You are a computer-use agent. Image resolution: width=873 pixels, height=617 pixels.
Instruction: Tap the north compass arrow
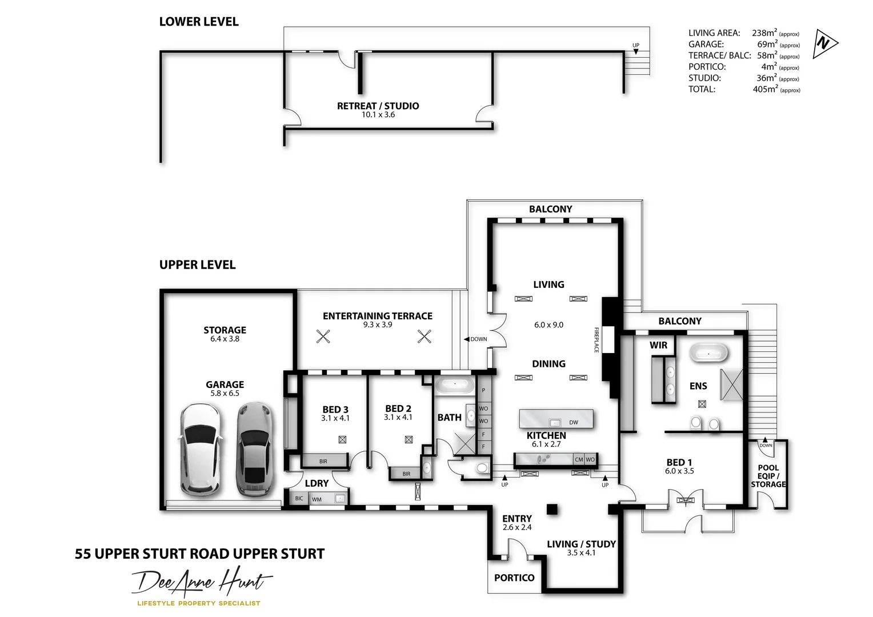[824, 43]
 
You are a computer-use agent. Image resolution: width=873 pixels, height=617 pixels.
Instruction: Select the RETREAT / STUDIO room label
[378, 106]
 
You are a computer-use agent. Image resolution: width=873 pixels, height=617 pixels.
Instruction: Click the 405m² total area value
[765, 89]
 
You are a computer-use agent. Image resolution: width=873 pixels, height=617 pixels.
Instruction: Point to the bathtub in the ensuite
[708, 353]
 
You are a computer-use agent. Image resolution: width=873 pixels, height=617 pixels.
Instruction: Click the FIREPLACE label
[596, 340]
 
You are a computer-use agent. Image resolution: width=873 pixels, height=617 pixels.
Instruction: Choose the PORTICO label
[514, 578]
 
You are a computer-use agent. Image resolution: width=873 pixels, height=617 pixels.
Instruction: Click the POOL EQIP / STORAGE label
[768, 476]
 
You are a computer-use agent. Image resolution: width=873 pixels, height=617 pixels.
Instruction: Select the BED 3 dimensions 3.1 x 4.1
[335, 418]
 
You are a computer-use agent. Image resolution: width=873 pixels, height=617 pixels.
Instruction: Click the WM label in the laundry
[317, 499]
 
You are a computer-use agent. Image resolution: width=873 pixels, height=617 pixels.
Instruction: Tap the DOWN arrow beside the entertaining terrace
[467, 339]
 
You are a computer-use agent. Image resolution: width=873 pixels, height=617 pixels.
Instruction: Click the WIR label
[658, 345]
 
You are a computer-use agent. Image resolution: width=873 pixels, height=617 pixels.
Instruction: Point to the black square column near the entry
[552, 509]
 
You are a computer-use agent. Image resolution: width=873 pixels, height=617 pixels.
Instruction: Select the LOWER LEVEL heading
[199, 22]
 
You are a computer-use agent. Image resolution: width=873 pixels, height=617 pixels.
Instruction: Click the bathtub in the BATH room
[454, 386]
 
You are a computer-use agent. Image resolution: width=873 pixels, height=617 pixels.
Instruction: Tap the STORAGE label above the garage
[225, 330]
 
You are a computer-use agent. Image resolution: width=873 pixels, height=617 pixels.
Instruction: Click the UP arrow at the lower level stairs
[636, 51]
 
